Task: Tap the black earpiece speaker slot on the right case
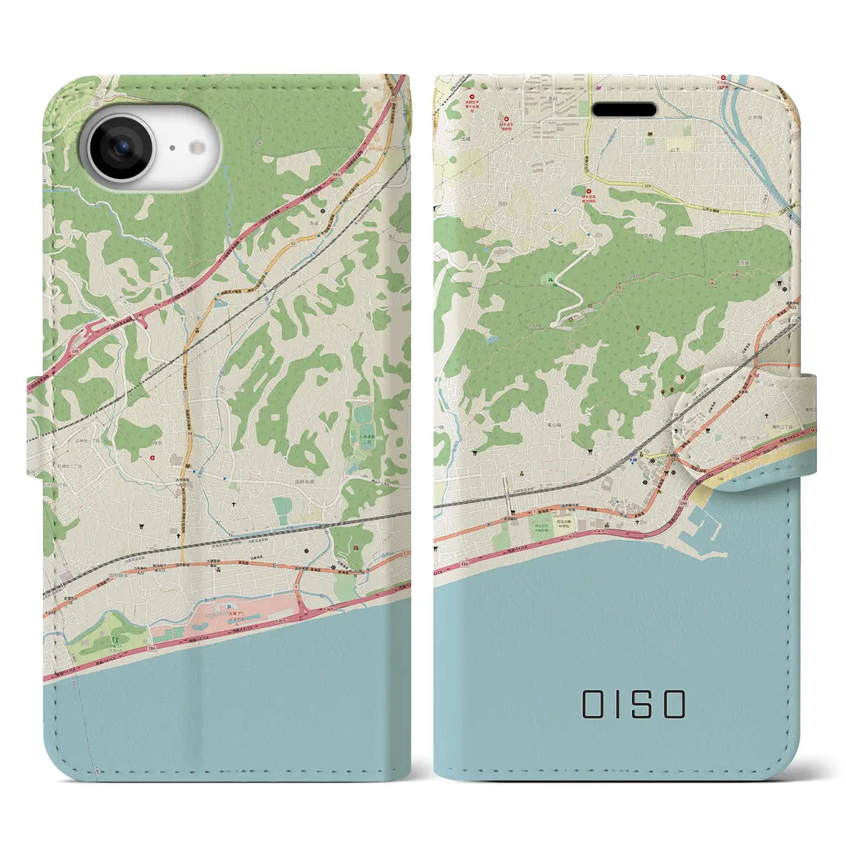[623, 109]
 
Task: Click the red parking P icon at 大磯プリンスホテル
[229, 606]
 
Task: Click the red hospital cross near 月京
[153, 457]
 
